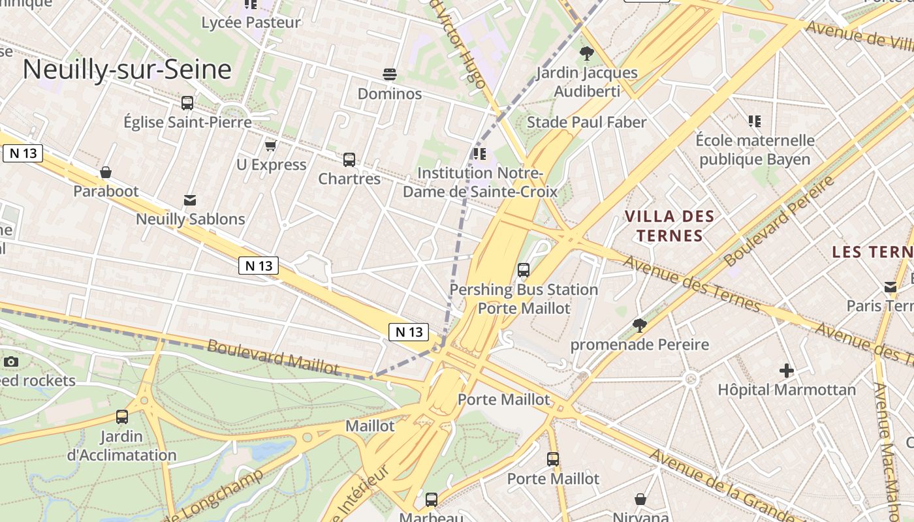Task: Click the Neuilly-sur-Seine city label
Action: coord(127,70)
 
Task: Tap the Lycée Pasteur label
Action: coord(251,23)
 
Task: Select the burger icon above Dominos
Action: coord(390,74)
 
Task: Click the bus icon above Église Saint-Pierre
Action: coord(187,103)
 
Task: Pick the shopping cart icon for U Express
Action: coord(270,146)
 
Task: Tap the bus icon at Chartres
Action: coord(349,160)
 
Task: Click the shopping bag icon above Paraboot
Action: coord(106,172)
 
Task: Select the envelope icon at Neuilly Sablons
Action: coord(190,200)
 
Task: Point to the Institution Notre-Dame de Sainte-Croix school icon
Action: coord(480,154)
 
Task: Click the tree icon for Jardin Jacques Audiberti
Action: coord(586,54)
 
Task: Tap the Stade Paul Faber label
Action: coord(586,123)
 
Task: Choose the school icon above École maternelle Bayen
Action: coord(755,121)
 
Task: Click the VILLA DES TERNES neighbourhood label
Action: coord(669,226)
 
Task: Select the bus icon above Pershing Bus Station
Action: coord(523,270)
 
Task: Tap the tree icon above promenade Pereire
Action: coord(640,326)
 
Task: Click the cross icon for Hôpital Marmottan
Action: coord(787,371)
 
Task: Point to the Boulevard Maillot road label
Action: coord(273,357)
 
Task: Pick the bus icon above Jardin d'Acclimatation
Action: coord(122,417)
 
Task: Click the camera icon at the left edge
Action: coord(10,362)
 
